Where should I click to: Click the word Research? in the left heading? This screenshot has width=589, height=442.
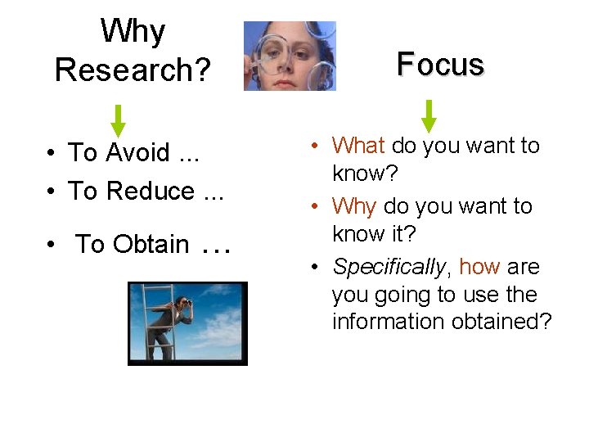133,70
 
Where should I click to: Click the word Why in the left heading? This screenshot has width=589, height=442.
133,33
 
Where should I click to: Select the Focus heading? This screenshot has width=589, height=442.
440,64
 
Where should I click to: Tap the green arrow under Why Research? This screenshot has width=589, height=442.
119,120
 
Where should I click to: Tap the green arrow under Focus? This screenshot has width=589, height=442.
429,115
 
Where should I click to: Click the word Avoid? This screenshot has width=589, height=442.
138,153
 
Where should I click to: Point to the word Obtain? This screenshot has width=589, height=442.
151,244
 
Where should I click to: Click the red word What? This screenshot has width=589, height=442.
358,146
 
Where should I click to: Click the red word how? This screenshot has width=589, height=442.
479,267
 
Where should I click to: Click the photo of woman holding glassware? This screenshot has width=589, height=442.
290,56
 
